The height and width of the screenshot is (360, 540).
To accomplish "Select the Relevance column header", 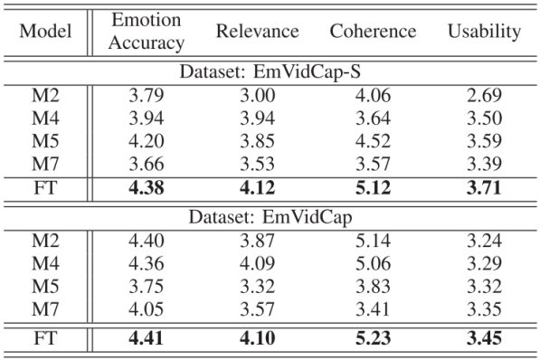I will point(257,32).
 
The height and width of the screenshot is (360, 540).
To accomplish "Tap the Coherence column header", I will point(374,32).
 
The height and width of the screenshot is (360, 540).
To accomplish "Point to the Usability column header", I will point(484,32).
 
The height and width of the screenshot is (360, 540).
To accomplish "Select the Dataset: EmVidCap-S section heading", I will point(270,70).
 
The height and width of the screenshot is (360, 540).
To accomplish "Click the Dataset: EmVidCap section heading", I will point(270,217).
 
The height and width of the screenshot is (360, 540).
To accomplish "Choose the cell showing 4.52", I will point(374,142).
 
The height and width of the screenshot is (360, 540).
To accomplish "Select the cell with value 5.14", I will point(374,241).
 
